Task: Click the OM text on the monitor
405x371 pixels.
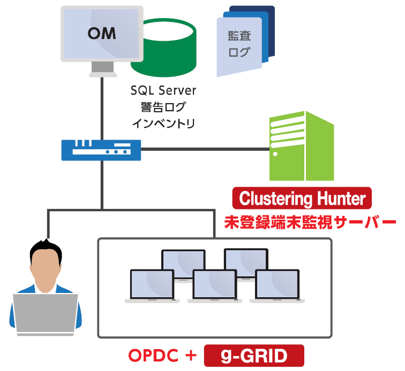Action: click(101, 33)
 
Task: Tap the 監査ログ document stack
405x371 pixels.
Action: click(244, 43)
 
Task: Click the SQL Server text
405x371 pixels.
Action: click(163, 90)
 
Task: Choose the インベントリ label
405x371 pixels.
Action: click(163, 123)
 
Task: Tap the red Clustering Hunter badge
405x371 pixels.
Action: click(302, 199)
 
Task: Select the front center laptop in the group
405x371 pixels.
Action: click(214, 286)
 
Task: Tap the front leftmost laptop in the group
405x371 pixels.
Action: click(152, 286)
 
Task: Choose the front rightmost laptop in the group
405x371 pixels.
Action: click(277, 286)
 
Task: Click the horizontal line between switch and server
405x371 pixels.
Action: click(204, 149)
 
